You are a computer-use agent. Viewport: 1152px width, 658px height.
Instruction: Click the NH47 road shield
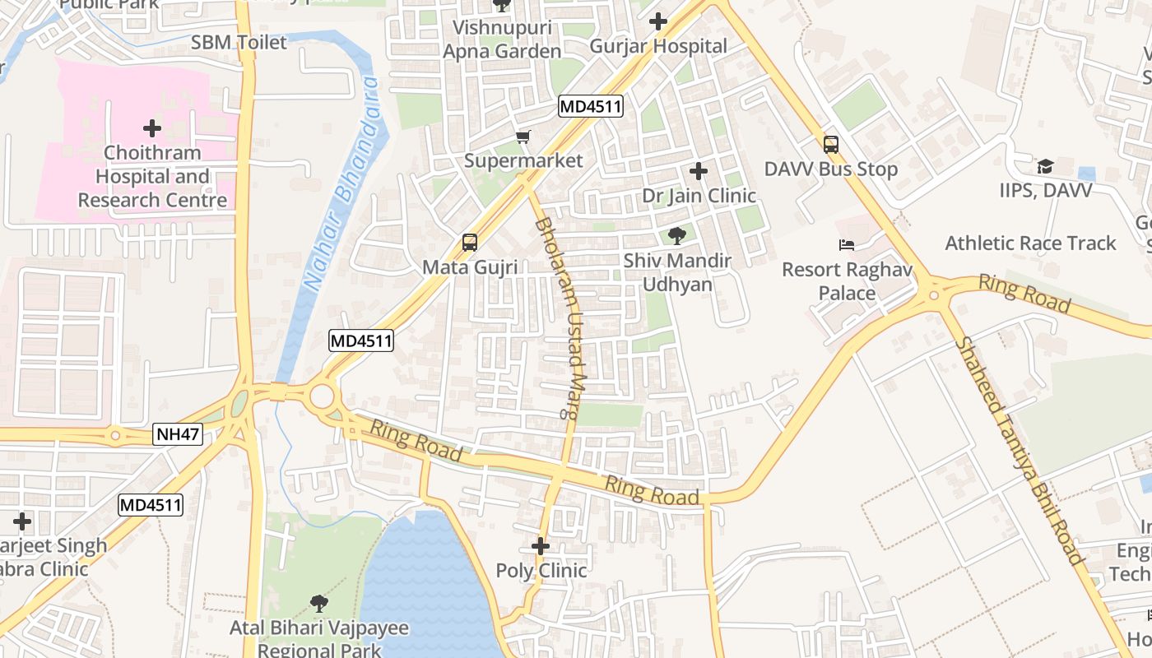(178, 434)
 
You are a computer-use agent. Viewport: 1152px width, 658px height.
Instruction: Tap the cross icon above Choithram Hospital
(152, 128)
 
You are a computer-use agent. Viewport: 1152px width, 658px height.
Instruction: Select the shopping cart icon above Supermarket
(523, 137)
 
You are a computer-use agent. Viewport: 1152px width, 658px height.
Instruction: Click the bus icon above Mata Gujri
(470, 243)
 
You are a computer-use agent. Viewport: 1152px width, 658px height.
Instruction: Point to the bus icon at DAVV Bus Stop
(831, 145)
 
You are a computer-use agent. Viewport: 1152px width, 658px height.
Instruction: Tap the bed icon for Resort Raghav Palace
(846, 245)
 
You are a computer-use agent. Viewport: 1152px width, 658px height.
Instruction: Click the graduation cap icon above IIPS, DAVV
(1045, 166)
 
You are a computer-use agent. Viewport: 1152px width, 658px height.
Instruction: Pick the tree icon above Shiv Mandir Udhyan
(677, 237)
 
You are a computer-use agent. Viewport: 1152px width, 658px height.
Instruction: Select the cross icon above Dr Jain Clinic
(699, 171)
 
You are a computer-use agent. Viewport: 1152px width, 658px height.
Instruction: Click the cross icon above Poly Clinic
(541, 546)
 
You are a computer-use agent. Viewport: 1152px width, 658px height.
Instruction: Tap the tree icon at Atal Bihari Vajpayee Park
(319, 604)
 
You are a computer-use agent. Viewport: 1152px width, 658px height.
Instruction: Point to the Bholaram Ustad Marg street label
(562, 318)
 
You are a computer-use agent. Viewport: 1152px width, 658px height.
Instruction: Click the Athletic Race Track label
(1030, 243)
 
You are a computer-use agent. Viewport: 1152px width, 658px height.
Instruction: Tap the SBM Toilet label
(239, 43)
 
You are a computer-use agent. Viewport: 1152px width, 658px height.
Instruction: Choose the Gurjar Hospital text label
(658, 46)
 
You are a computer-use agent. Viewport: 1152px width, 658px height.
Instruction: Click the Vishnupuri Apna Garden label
(502, 39)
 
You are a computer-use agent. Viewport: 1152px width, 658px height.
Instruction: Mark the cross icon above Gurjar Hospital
(657, 21)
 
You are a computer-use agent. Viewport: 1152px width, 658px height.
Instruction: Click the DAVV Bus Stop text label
(831, 169)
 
